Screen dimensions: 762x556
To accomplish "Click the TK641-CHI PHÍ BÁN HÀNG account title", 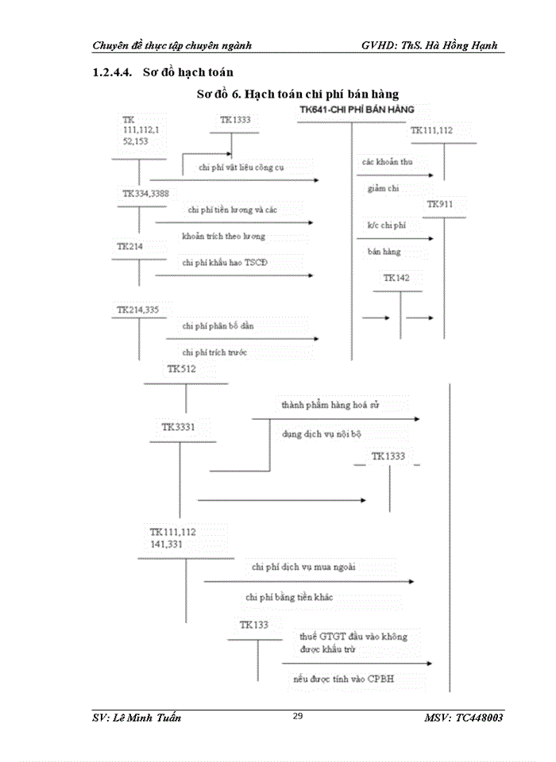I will pyautogui.click(x=356, y=108).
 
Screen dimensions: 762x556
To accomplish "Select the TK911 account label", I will pyautogui.click(x=439, y=205).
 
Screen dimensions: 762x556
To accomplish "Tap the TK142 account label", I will pyautogui.click(x=396, y=279).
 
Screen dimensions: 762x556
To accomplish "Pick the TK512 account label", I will pyautogui.click(x=181, y=369).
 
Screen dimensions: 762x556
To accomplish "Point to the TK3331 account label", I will pyautogui.click(x=178, y=427).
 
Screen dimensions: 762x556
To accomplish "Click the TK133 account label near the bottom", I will pyautogui.click(x=254, y=625).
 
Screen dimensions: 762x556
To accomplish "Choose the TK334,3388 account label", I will pyautogui.click(x=145, y=193).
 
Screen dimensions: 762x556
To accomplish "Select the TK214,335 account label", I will pyautogui.click(x=139, y=310).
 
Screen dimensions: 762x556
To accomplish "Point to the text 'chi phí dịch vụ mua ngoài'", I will pyautogui.click(x=303, y=567).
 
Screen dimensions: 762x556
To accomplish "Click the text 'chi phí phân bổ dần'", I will pyautogui.click(x=218, y=326).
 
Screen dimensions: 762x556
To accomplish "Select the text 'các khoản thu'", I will pyautogui.click(x=387, y=162).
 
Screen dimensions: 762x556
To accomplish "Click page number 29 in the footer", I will pyautogui.click(x=298, y=716).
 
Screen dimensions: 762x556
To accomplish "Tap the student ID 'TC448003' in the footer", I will pyautogui.click(x=480, y=718).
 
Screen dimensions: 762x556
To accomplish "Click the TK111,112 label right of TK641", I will pyautogui.click(x=432, y=130).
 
